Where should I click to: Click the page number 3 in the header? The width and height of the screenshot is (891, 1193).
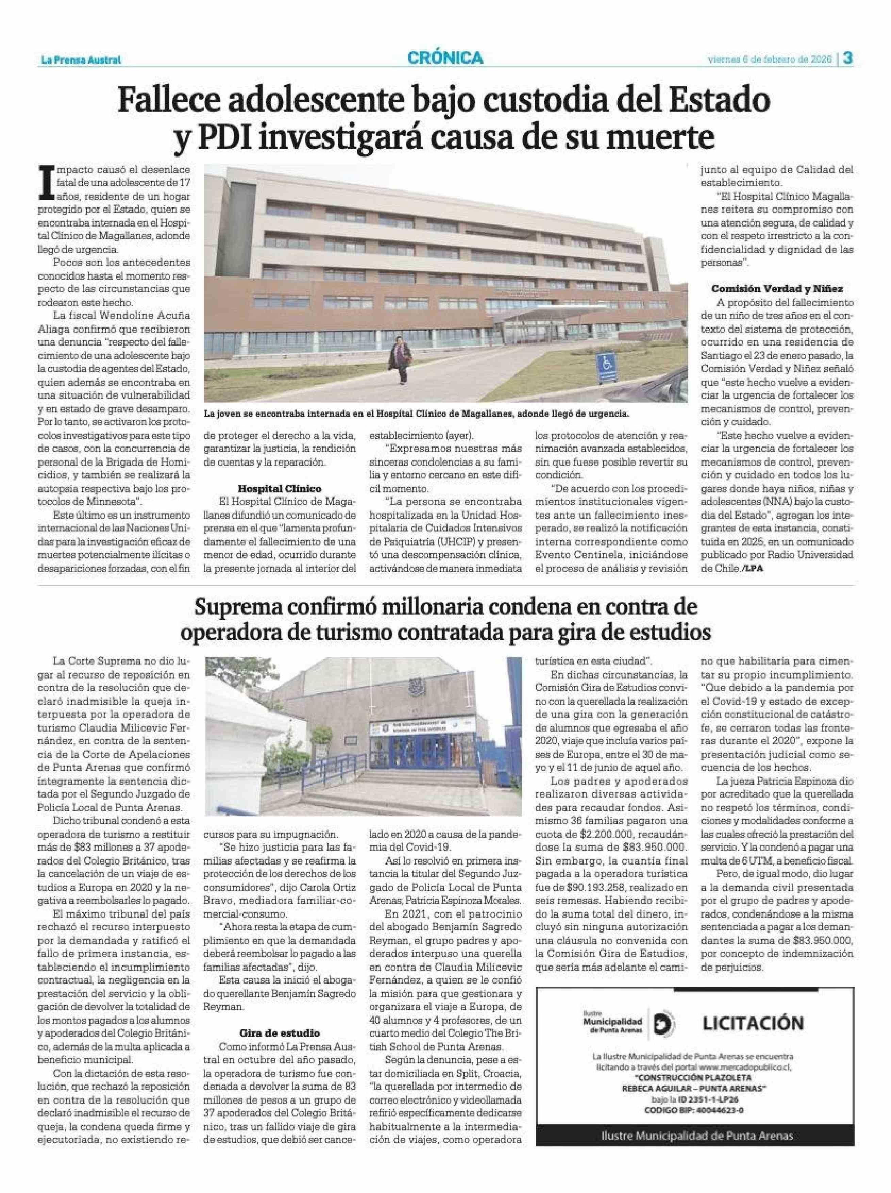[847, 58]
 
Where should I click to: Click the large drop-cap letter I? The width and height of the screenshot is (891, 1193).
[48, 183]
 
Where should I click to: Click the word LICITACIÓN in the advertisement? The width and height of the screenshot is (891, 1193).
[753, 1023]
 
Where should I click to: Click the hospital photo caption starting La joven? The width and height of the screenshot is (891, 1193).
[416, 414]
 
